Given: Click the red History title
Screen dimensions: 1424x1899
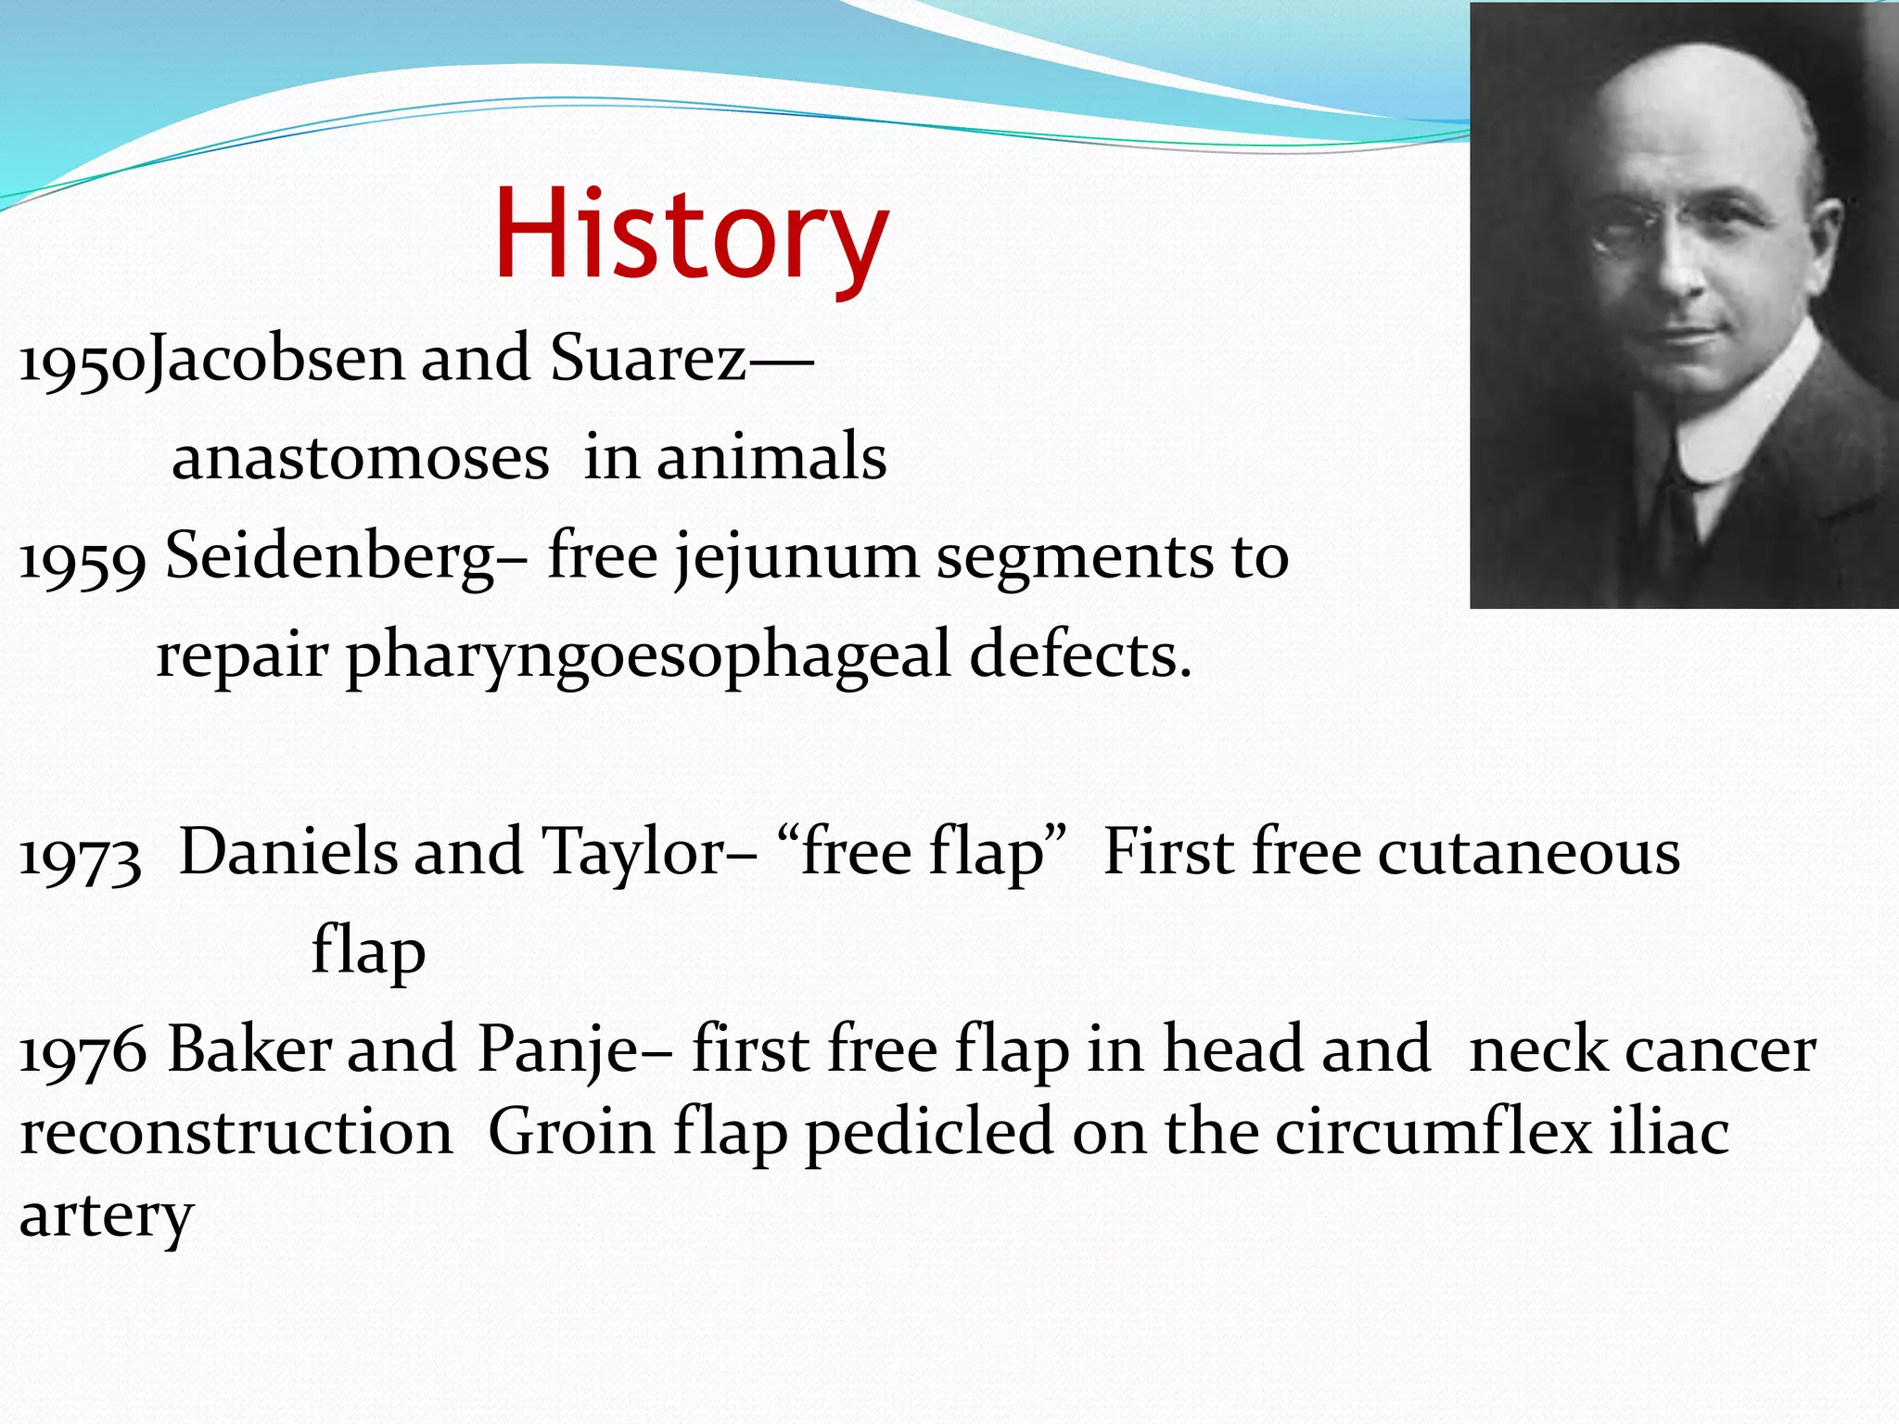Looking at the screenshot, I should tap(691, 234).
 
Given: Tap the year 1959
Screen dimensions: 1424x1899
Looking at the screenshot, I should tap(82, 559).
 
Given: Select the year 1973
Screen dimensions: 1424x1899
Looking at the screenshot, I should tap(80, 856).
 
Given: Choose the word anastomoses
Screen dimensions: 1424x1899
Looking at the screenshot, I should tap(360, 458).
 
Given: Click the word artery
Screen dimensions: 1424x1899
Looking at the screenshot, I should tap(107, 1217).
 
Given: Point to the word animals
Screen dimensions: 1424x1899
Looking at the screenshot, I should tap(771, 458).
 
